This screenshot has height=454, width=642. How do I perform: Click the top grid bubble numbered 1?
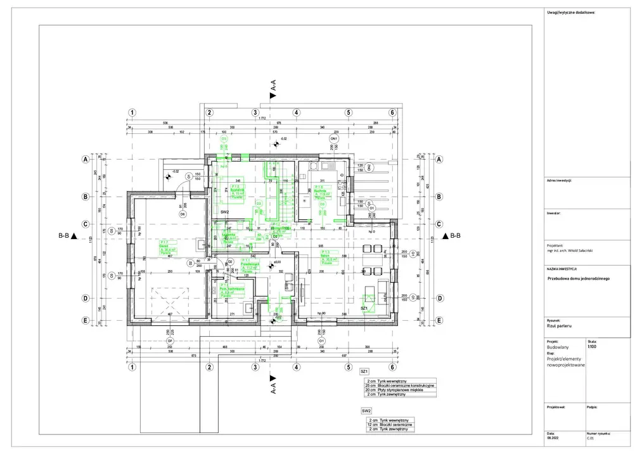[131, 113]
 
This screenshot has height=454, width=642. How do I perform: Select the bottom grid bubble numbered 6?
[392, 367]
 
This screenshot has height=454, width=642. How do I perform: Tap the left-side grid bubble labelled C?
[84, 223]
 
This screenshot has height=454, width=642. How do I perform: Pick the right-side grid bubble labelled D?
[439, 298]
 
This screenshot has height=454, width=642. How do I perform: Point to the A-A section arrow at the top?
[273, 96]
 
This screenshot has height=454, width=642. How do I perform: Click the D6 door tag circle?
[183, 214]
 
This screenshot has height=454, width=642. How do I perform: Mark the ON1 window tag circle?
[333, 138]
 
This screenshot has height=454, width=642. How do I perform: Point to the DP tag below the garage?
[170, 342]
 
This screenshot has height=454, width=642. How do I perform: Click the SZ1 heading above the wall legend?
[364, 370]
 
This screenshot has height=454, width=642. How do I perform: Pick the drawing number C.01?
[590, 438]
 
